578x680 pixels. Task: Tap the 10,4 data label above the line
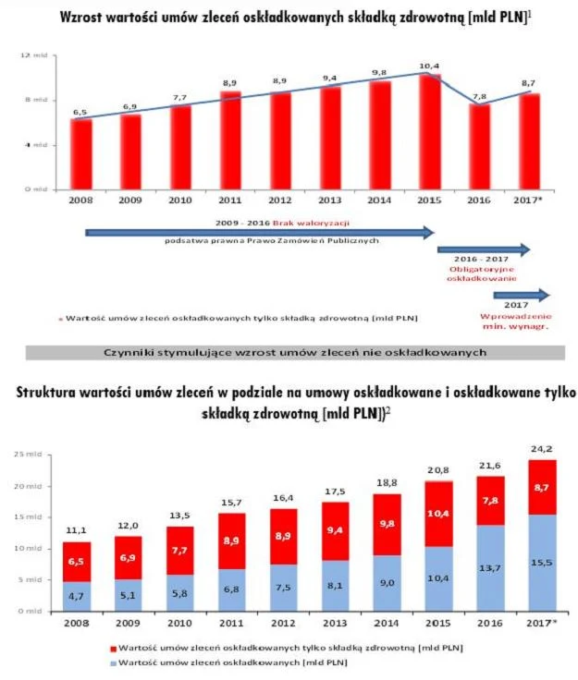point(428,66)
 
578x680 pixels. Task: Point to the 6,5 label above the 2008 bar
point(80,111)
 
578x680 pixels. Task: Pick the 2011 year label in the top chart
point(229,200)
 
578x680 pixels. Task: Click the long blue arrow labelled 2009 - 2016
point(259,232)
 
